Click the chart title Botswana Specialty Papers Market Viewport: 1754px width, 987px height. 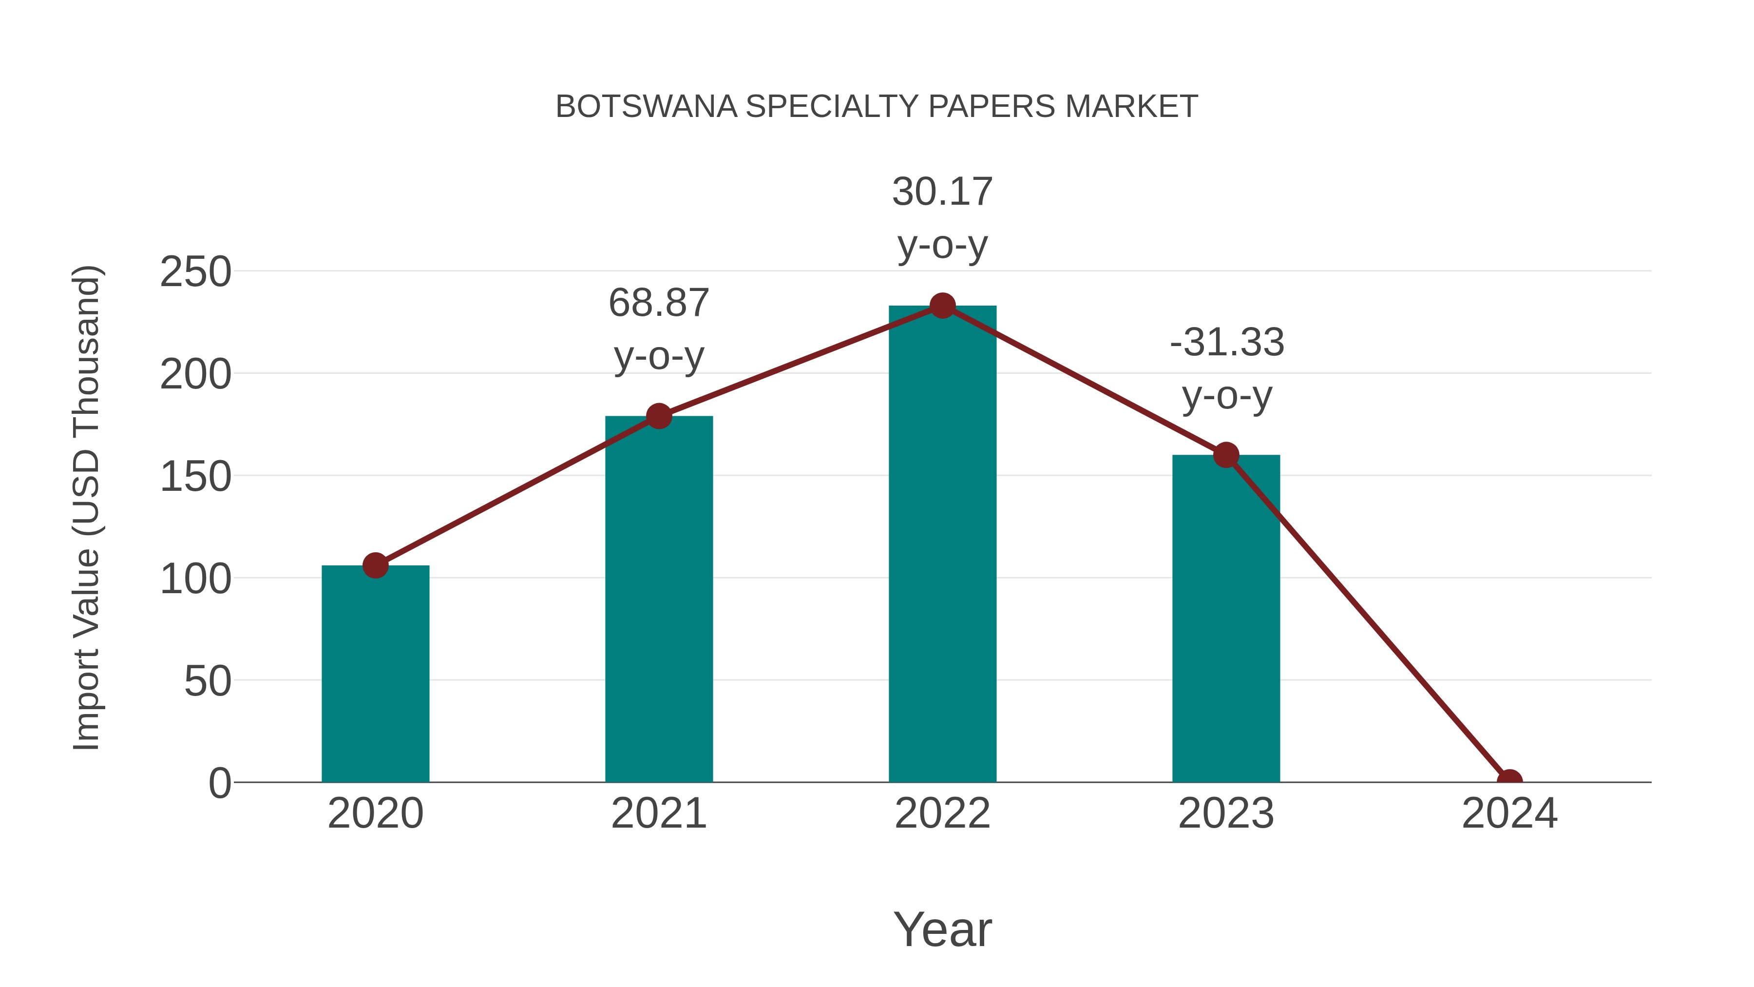[877, 107]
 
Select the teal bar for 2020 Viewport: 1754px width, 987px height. [375, 675]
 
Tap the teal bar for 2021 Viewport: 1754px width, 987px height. [658, 600]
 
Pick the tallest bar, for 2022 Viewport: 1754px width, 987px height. [942, 545]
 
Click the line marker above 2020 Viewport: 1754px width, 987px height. [375, 565]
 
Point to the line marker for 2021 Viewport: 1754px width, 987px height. [658, 416]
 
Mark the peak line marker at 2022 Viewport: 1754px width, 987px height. [942, 306]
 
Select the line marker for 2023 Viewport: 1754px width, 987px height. [1226, 455]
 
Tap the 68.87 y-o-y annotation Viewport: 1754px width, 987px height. [658, 329]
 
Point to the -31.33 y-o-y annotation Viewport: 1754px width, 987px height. [1226, 368]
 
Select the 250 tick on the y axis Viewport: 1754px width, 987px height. [195, 272]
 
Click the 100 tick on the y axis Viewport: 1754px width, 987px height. [195, 579]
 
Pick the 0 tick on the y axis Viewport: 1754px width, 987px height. [220, 783]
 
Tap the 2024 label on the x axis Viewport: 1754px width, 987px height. [1509, 813]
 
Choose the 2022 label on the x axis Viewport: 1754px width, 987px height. [942, 813]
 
